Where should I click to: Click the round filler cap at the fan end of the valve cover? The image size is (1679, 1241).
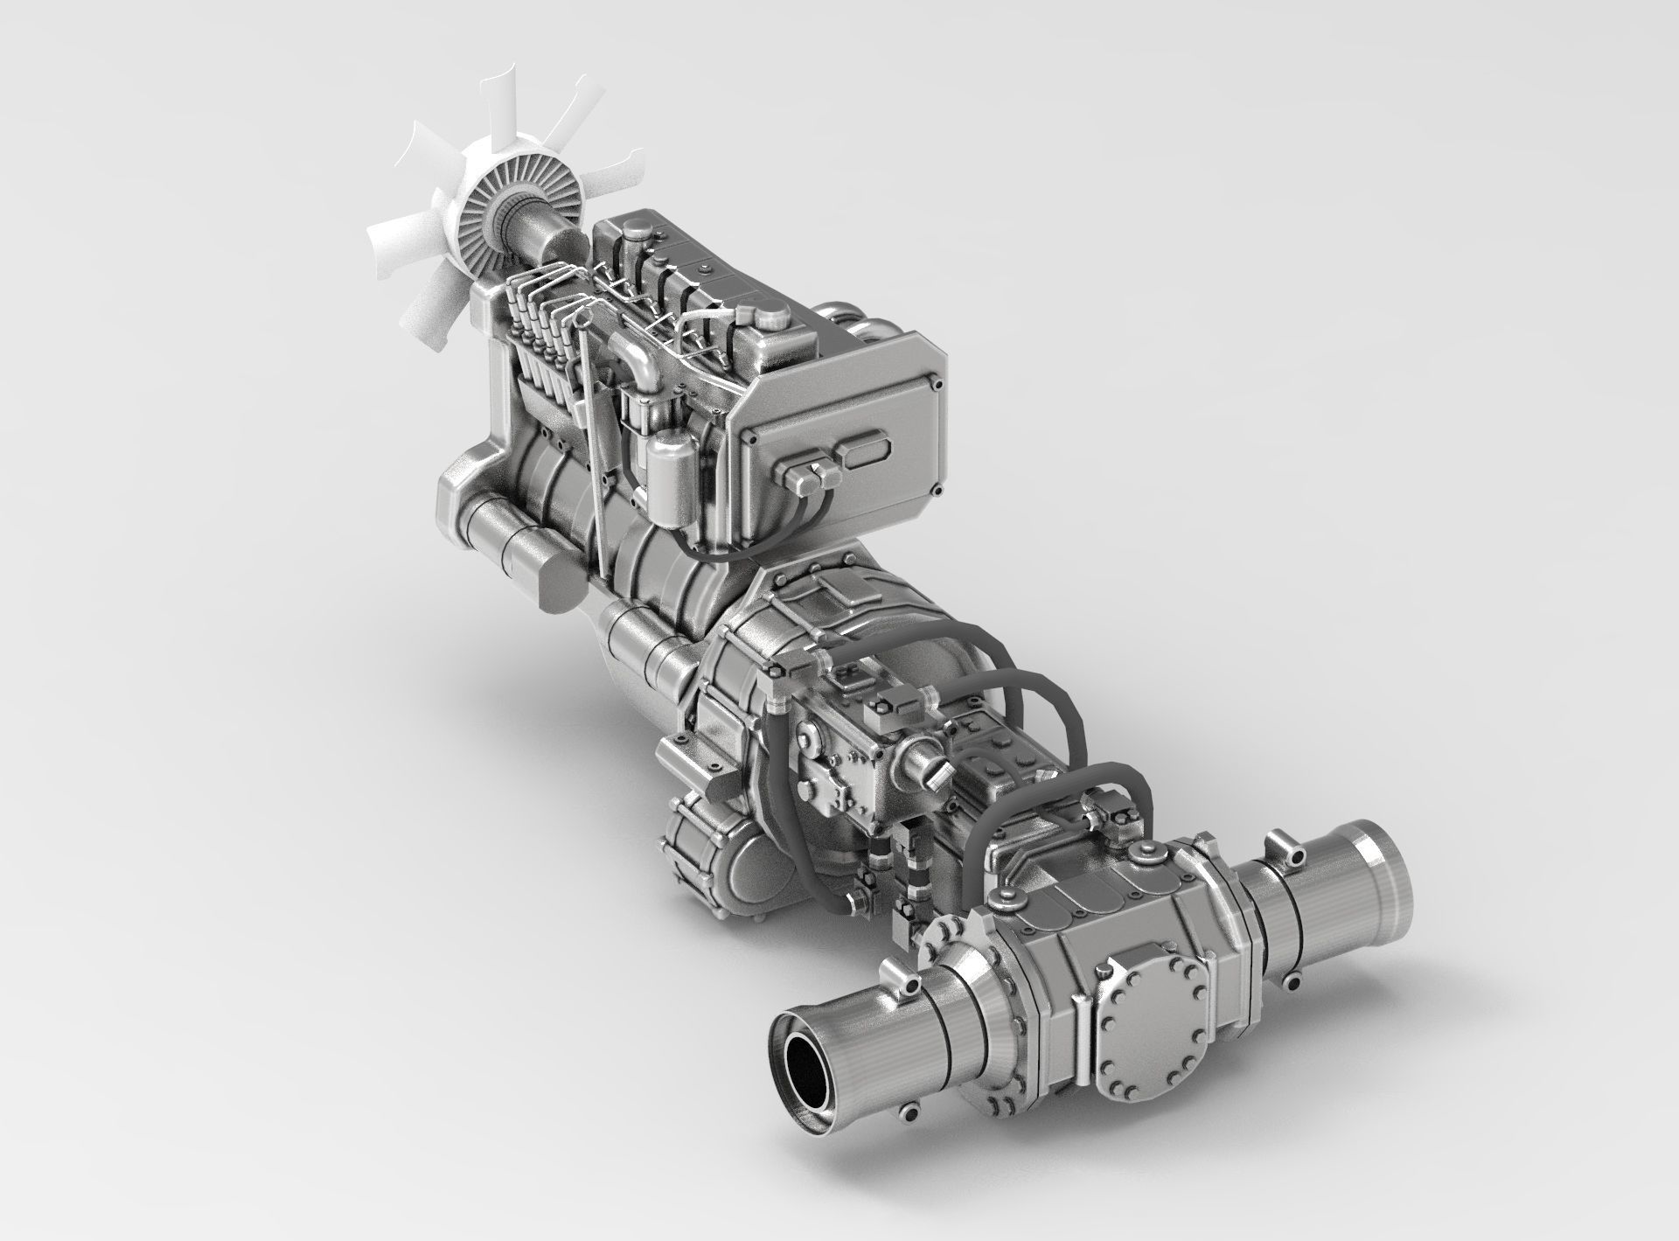point(637,231)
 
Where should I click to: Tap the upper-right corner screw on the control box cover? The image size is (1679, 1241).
point(937,383)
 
